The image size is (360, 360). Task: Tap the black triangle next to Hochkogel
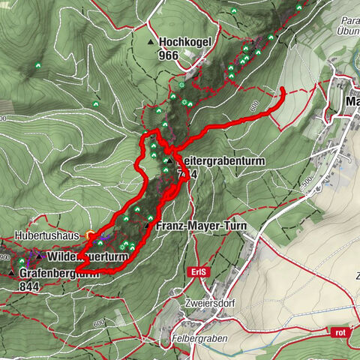[152, 43]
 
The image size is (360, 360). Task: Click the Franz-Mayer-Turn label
[191, 225]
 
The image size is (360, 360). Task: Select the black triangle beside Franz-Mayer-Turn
[147, 225]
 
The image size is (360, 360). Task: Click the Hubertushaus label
[46, 235]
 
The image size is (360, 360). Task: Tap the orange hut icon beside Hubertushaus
[90, 234]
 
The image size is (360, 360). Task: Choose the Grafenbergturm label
[59, 274]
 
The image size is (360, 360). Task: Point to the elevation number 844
[30, 286]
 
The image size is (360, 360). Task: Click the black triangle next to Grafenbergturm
[11, 273]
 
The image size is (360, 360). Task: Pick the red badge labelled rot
[341, 331]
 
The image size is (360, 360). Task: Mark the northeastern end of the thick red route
[282, 89]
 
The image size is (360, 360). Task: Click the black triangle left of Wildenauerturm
[39, 256]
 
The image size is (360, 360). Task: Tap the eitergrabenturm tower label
[209, 160]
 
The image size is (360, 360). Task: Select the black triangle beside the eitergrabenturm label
[170, 160]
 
